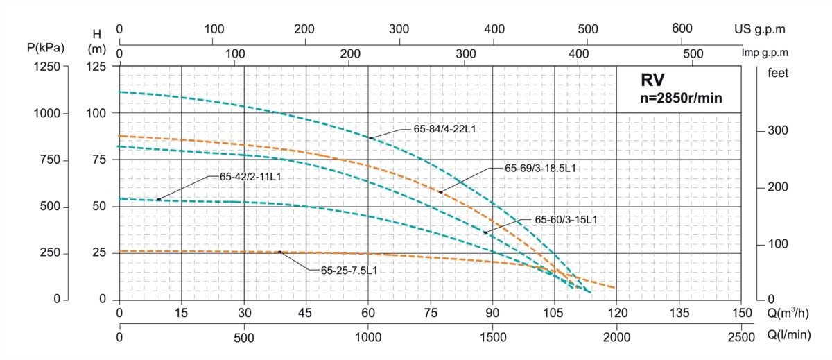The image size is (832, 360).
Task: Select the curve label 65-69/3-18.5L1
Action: pos(540,168)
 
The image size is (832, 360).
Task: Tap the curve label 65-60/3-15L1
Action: pos(566,219)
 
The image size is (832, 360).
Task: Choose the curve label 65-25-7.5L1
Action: pos(349,271)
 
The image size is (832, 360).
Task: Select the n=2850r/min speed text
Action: pos(681,98)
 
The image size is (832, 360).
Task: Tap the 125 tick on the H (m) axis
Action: pos(97,66)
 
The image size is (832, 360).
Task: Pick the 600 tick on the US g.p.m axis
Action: pos(682,29)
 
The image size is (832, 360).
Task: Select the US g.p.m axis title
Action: pos(760,29)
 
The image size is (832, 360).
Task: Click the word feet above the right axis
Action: pos(778,72)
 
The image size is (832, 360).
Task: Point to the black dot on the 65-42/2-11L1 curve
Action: pos(159,199)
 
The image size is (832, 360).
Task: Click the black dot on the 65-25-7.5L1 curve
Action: pos(280,252)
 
